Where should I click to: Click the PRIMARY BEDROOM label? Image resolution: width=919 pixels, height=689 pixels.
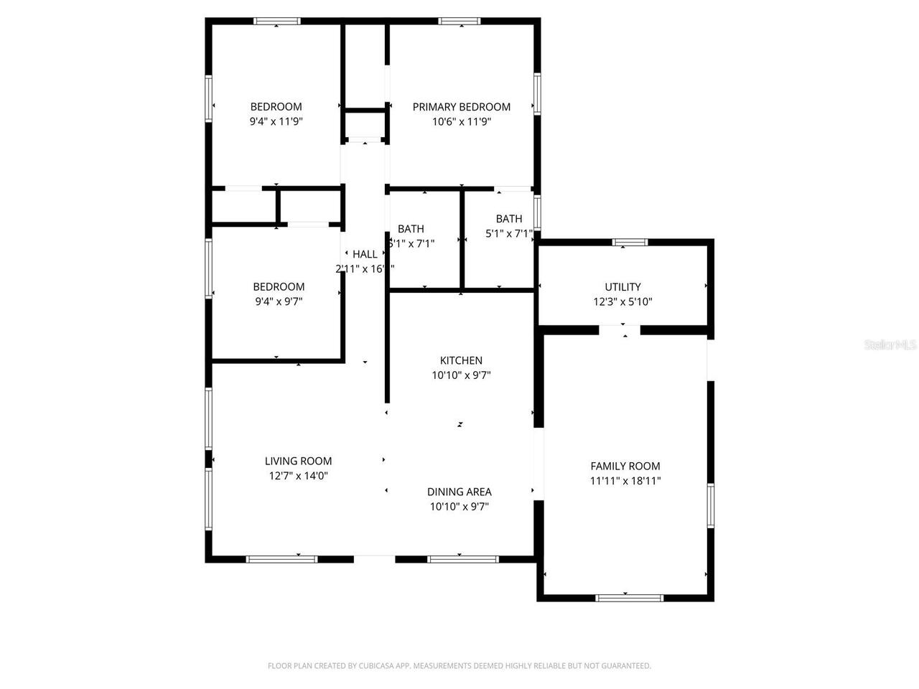coord(461,107)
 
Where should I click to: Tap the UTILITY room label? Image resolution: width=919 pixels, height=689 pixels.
coord(622,287)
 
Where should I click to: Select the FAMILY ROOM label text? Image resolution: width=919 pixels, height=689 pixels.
coord(625,467)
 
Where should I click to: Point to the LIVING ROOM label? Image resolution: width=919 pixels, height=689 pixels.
coord(298,461)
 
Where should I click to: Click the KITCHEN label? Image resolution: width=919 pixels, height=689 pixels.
coord(461,360)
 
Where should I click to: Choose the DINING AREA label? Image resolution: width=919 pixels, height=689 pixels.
coord(459,492)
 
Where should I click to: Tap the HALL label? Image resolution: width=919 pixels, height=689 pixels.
coord(365,254)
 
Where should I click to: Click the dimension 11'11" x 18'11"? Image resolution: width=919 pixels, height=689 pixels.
coord(625,482)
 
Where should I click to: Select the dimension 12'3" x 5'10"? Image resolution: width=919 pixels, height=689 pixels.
coord(622,302)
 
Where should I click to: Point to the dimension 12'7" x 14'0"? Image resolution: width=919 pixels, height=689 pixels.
coord(298,476)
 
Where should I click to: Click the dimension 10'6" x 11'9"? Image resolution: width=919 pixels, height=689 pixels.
coord(461,122)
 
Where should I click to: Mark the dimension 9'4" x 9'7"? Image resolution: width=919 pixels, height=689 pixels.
coord(279,301)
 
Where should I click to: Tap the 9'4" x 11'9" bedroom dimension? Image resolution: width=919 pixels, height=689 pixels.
coord(276,122)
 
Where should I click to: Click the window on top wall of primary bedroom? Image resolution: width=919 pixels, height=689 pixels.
coord(460,22)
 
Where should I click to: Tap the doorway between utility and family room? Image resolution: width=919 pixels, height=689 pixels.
coord(620,330)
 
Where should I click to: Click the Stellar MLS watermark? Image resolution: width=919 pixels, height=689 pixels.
coord(890,345)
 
